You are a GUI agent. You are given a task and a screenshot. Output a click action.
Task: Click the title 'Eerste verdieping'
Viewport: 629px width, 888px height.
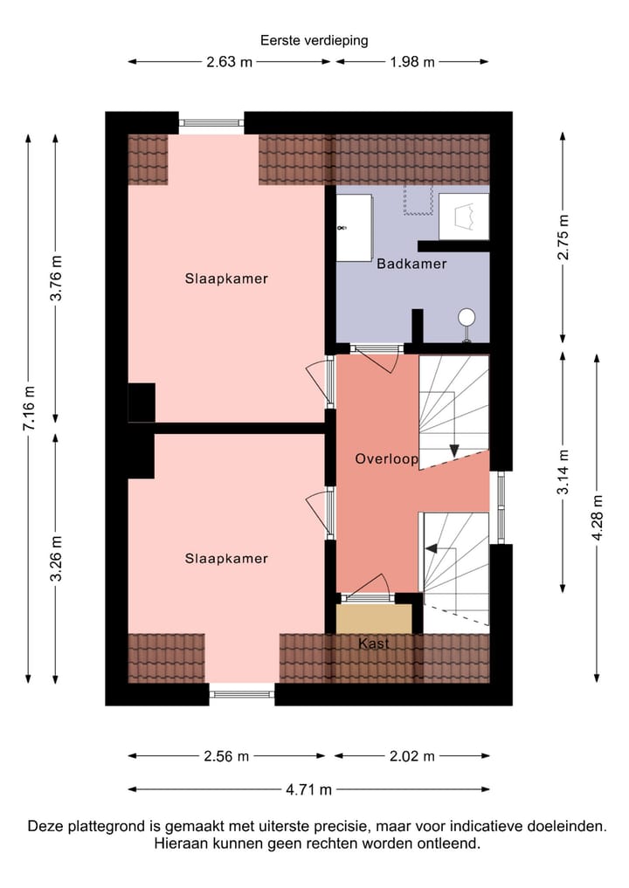coord(314,40)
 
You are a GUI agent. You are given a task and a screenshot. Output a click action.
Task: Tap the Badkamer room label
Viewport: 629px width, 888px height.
coord(411,263)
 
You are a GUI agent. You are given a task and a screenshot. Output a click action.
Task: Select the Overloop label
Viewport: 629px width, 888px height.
coord(386,458)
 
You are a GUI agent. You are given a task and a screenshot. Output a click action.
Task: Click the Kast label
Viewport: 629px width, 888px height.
coord(373,644)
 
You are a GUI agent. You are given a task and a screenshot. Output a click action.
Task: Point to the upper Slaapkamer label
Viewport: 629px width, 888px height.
coord(226,279)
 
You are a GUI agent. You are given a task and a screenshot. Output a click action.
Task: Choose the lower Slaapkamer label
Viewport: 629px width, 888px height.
coord(226,559)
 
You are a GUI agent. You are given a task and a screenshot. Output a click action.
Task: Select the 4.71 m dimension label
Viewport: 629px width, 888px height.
coord(309,790)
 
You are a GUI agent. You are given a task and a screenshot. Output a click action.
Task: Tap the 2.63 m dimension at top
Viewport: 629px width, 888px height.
coord(230,62)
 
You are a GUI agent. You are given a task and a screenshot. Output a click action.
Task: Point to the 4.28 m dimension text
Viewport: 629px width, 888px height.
coord(598,518)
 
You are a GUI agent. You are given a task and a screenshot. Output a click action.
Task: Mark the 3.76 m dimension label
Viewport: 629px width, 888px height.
coord(57,278)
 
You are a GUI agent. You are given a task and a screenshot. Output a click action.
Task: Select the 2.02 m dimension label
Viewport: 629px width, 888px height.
coord(411,756)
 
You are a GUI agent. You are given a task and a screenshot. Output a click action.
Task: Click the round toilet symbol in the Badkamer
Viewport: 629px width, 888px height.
coord(467,318)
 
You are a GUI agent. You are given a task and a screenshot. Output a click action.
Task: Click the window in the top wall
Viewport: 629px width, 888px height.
coord(211,123)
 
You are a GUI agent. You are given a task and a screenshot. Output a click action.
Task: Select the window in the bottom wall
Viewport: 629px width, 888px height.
coord(242,694)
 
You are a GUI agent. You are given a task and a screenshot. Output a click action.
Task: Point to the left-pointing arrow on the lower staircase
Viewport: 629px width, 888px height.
coord(431,549)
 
